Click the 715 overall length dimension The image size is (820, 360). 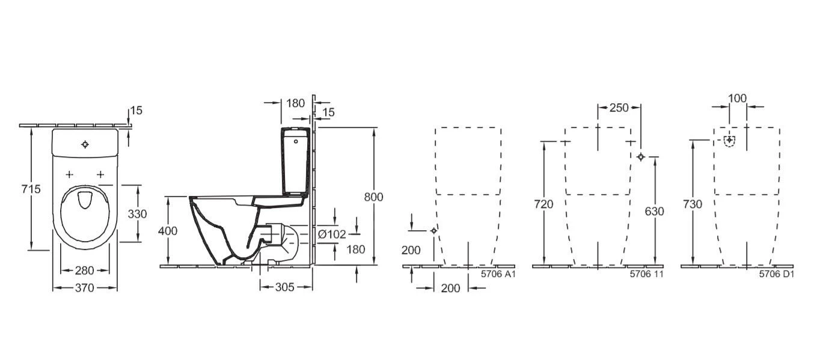click(30, 189)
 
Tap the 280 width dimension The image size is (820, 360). click(85, 270)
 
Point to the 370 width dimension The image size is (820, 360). click(85, 288)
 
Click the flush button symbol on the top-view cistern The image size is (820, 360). click(85, 144)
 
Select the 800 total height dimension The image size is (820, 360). click(373, 197)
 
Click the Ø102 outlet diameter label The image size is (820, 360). click(332, 234)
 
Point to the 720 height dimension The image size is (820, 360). click(543, 204)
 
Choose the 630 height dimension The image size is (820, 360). click(655, 212)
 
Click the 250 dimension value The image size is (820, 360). click(619, 108)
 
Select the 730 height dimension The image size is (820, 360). click(693, 204)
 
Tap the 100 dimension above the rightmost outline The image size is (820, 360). click(738, 98)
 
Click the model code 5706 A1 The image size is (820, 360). click(498, 273)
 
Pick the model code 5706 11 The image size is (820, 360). click(646, 273)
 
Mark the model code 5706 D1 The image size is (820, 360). click(777, 273)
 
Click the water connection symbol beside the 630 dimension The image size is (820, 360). click(641, 157)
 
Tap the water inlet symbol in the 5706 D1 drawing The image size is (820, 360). click(729, 141)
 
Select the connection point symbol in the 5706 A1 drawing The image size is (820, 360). click(433, 230)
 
